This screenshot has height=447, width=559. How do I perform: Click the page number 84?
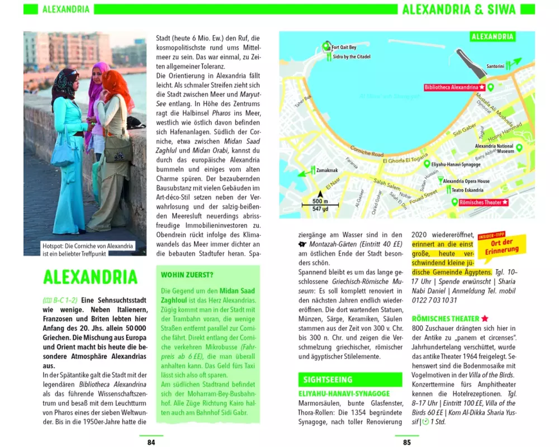point(151,442)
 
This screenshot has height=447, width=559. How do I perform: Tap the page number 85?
point(407,442)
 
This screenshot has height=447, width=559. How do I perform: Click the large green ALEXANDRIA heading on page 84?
point(90,277)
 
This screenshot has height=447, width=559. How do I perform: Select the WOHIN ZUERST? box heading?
point(187,275)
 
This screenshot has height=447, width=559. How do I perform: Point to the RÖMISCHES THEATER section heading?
point(446,318)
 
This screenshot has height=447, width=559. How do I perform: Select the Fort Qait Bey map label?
point(344,47)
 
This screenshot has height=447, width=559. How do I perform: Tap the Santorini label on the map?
point(495,66)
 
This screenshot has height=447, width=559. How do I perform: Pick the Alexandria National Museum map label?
point(494,149)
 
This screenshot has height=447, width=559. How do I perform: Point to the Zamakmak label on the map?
point(326,169)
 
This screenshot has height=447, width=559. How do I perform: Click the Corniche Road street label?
point(366,151)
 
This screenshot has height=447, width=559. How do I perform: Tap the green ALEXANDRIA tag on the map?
point(492,37)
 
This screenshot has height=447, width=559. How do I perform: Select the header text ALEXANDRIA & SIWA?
point(459,9)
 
